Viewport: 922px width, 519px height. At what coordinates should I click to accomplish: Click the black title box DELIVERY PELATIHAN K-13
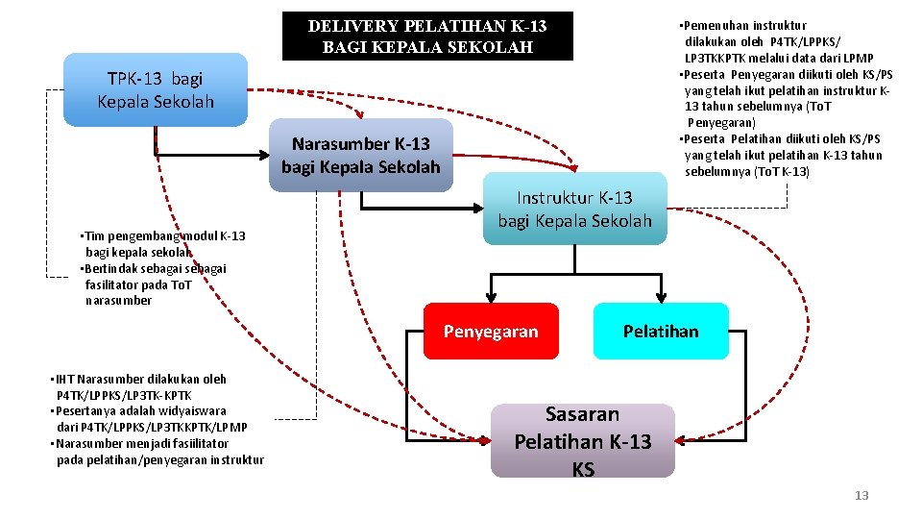[x=427, y=36]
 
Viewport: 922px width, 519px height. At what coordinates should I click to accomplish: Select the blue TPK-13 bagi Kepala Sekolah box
[x=156, y=89]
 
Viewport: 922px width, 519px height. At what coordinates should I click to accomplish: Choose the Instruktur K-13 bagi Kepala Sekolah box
[x=574, y=210]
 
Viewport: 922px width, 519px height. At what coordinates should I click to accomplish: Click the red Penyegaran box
[x=491, y=332]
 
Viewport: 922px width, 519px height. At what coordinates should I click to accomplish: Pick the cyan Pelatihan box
[x=661, y=332]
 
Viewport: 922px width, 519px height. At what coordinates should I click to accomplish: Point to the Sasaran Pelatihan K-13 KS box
[x=582, y=441]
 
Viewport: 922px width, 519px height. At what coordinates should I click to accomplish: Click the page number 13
[x=861, y=495]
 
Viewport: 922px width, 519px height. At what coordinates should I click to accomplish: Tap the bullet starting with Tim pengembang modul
[x=163, y=243]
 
